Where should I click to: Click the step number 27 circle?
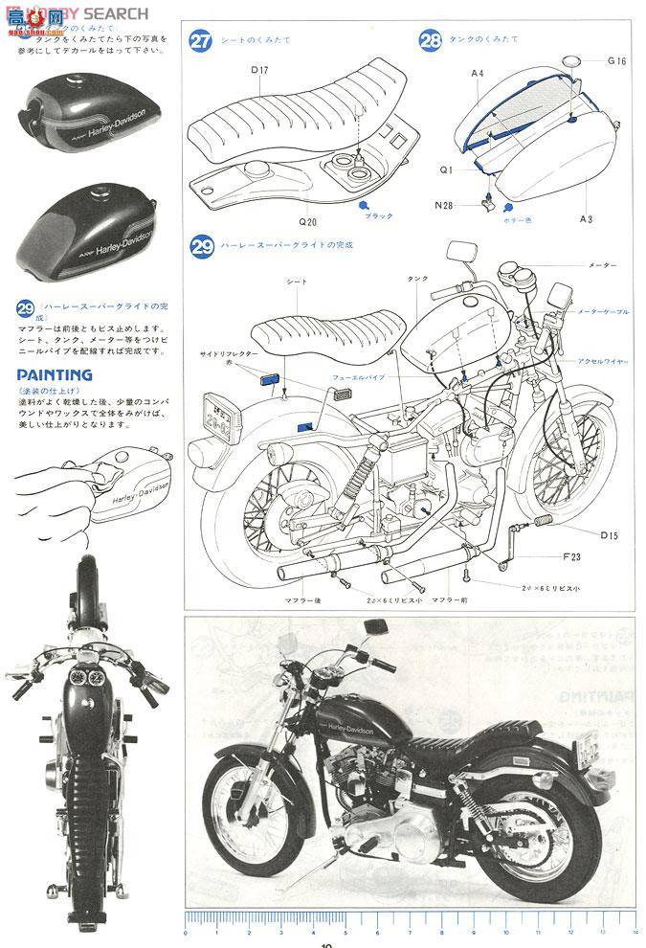200,41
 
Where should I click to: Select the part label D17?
260,69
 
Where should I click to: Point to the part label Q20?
307,221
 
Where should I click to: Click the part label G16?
616,61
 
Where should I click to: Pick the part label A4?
477,73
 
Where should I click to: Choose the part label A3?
586,219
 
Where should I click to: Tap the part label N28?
444,205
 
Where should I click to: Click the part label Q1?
446,169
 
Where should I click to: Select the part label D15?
609,535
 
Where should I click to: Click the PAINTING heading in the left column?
55,374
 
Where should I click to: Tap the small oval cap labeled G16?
570,62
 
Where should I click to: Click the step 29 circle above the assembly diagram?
201,247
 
